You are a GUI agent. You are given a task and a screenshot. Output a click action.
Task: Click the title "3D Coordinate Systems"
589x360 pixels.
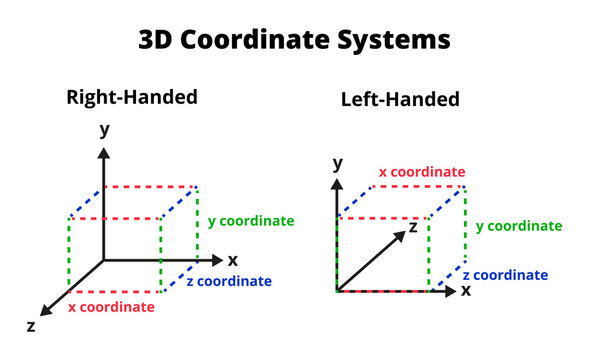pos(294,40)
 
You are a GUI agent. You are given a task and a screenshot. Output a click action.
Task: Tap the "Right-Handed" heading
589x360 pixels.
pos(131,97)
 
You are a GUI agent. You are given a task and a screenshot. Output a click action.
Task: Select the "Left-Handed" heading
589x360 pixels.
pos(400,99)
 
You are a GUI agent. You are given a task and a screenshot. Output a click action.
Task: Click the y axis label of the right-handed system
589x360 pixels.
pos(103,130)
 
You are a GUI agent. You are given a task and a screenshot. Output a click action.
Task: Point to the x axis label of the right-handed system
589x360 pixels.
pos(232,260)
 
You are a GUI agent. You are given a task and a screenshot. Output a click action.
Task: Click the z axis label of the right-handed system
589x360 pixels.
pos(31,326)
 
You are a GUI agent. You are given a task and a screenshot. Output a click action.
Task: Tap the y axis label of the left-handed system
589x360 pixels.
pos(338,162)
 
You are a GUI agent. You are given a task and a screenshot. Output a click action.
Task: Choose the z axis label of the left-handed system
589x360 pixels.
pos(411,227)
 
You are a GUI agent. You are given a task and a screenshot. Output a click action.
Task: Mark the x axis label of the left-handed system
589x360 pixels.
pos(465,290)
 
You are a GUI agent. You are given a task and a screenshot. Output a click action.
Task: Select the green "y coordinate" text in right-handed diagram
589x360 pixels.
pos(250,220)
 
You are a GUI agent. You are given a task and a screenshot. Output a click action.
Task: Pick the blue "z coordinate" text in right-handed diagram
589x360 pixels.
pos(228,281)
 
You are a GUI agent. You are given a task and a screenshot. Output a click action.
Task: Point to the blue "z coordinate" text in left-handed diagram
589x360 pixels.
pos(505,275)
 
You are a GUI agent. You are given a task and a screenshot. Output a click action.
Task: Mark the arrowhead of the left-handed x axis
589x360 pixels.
pos(451,291)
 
